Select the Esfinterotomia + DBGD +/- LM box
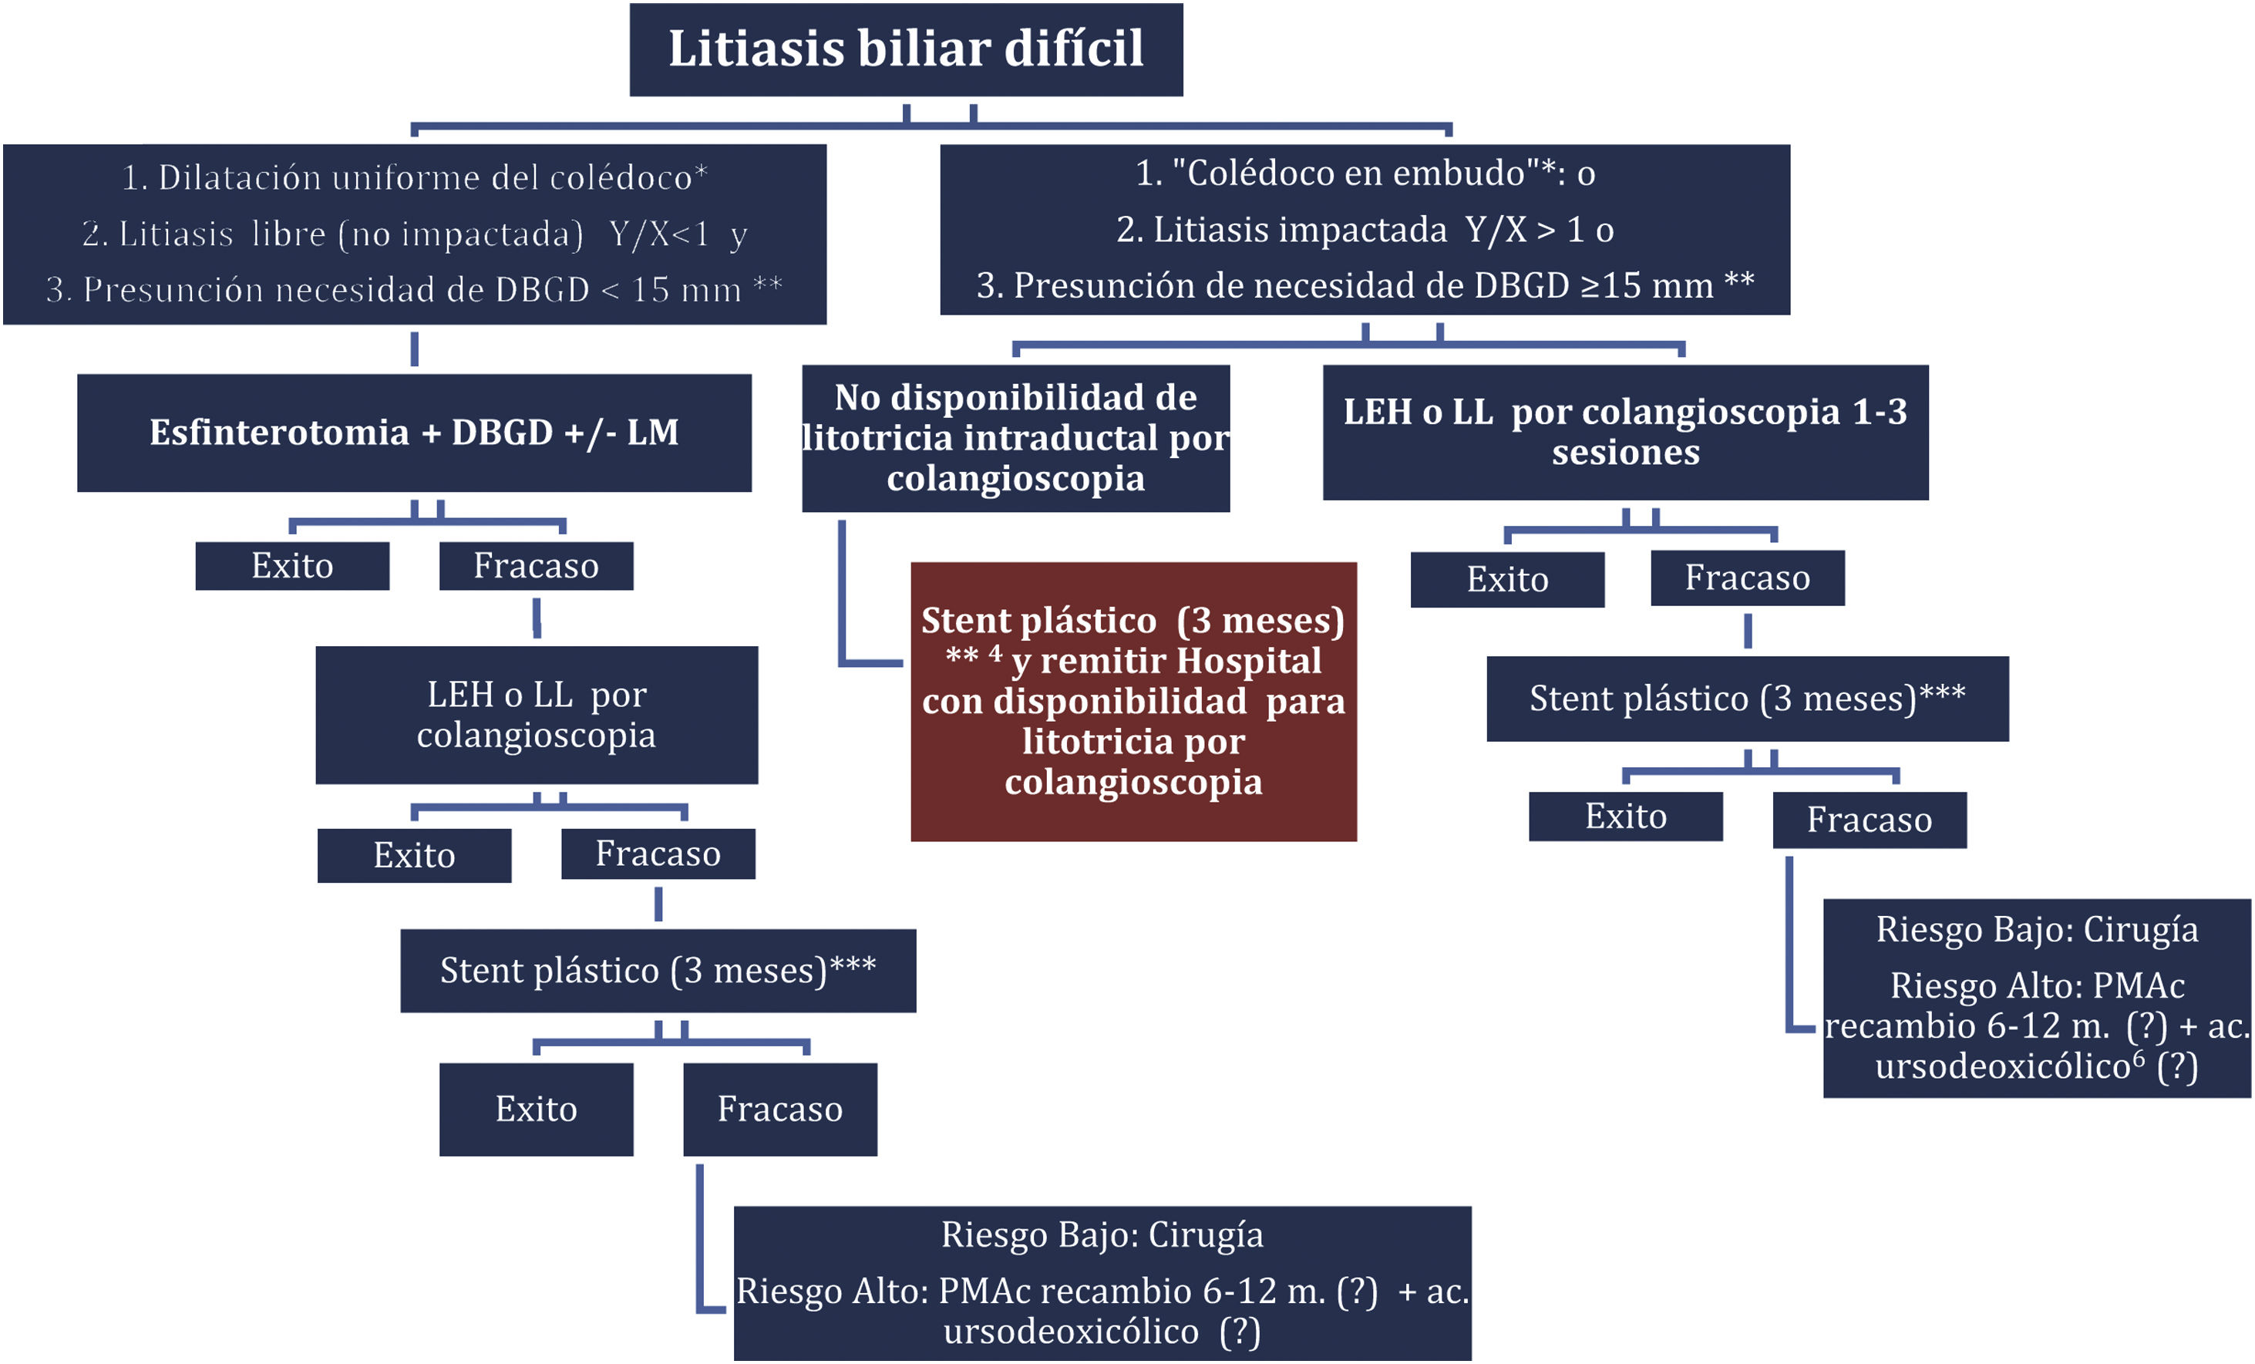pyautogui.click(x=414, y=433)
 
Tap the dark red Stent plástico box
pyautogui.click(x=1133, y=701)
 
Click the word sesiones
pyautogui.click(x=1625, y=453)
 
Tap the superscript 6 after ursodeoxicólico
pyautogui.click(x=2139, y=1057)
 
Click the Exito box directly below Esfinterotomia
pyautogui.click(x=292, y=566)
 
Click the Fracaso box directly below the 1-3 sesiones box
pyautogui.click(x=1747, y=578)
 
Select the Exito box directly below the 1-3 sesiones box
pyautogui.click(x=1507, y=580)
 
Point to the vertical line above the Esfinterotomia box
pyautogui.click(x=415, y=349)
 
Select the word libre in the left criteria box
pyautogui.click(x=288, y=234)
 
